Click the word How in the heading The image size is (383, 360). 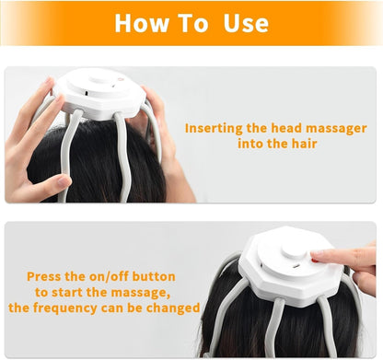(144, 23)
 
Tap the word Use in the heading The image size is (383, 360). (246, 23)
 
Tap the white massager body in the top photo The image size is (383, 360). (97, 93)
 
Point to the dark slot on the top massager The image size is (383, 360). (82, 94)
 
